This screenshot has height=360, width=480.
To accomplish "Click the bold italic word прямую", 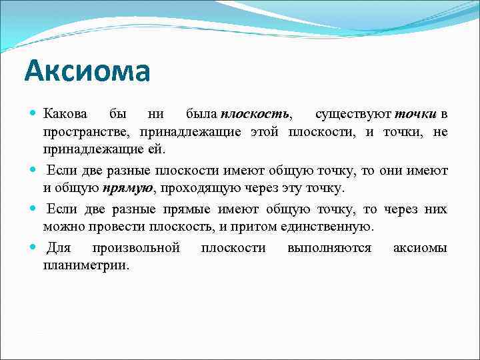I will tap(129, 189).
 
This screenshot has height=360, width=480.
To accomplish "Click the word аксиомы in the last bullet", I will tap(420, 249).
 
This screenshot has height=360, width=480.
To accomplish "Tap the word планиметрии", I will tap(86, 265).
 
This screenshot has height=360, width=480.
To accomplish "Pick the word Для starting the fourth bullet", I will tap(59, 249).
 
